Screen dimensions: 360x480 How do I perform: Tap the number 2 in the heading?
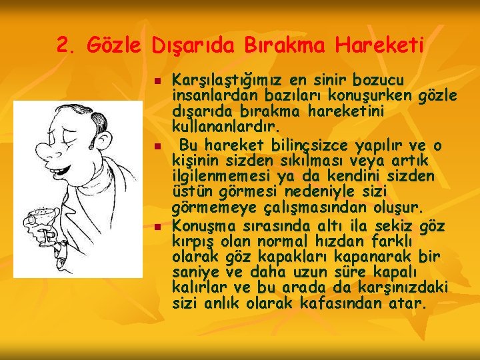tap(63, 45)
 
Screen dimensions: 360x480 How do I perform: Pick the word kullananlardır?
tap(226, 125)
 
